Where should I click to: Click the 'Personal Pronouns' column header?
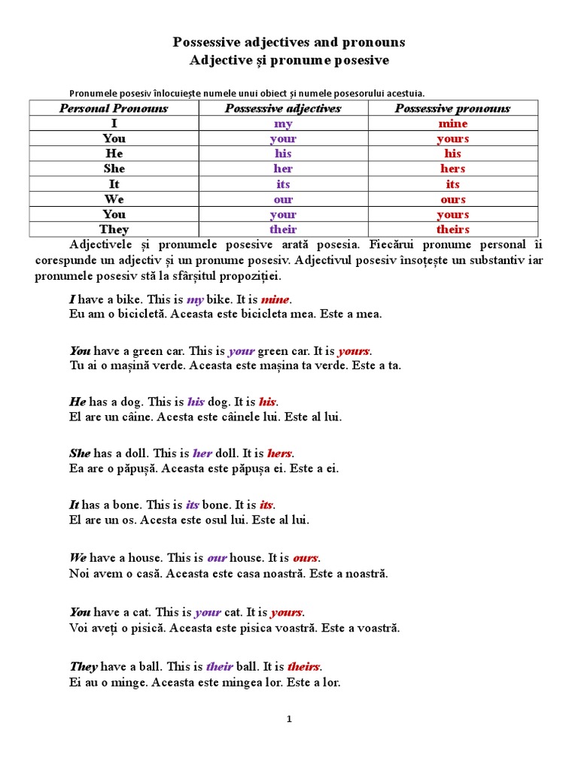click(x=114, y=108)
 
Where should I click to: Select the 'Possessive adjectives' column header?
click(x=283, y=108)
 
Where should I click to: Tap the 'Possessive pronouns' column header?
click(x=452, y=108)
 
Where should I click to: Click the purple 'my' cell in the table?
click(x=283, y=123)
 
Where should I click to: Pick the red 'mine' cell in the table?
click(x=452, y=123)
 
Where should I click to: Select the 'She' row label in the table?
click(x=114, y=168)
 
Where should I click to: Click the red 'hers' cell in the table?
click(x=452, y=168)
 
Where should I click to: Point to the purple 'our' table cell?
click(x=283, y=199)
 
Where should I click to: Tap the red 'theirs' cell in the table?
click(x=452, y=229)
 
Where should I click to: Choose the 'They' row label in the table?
click(x=114, y=229)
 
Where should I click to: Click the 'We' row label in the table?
click(x=114, y=199)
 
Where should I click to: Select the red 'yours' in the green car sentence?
click(x=354, y=351)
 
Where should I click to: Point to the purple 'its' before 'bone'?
click(x=193, y=505)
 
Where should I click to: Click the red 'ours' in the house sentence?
click(x=306, y=558)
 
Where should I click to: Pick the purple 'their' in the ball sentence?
click(x=219, y=667)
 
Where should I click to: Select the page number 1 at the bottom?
click(x=289, y=719)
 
